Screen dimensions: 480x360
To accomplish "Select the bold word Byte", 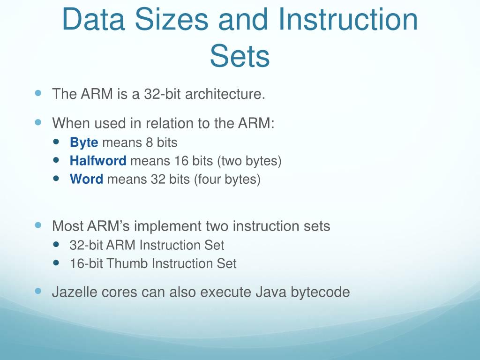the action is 84,142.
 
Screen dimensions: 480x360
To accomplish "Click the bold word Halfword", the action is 98,161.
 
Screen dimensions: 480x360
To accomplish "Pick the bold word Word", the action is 86,180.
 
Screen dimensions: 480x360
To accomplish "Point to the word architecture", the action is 225,94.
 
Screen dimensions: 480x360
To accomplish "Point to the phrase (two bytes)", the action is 249,161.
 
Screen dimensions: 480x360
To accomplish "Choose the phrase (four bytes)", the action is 227,180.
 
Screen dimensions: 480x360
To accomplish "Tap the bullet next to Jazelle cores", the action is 38,291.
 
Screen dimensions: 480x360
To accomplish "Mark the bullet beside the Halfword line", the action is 57,160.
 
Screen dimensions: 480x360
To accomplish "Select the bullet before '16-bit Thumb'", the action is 57,262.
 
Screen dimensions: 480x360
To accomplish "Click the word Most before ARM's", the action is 67,226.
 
